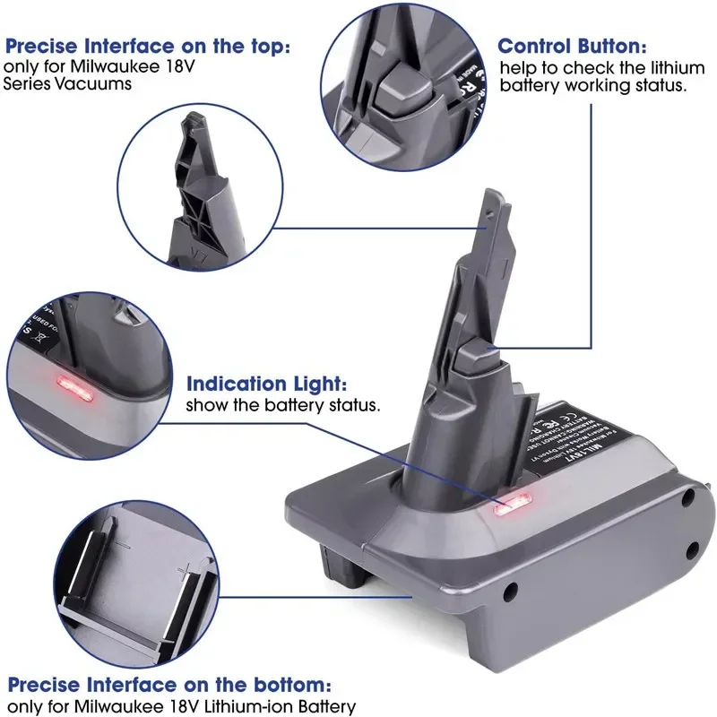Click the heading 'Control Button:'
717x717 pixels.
(x=571, y=46)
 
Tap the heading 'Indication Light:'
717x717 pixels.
(x=266, y=384)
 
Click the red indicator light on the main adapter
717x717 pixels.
(x=512, y=506)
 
